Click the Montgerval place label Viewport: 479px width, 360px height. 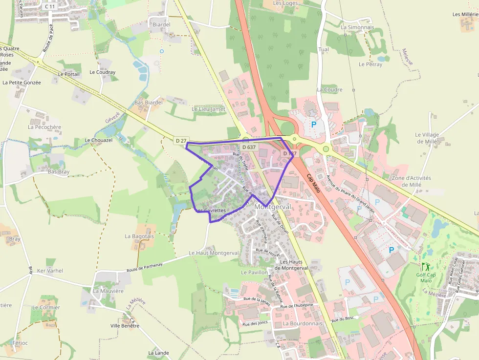pyautogui.click(x=273, y=207)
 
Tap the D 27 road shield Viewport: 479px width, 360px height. pyautogui.click(x=181, y=141)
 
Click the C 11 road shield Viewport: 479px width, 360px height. pyautogui.click(x=50, y=6)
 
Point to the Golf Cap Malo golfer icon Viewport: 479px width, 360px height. pyautogui.click(x=425, y=267)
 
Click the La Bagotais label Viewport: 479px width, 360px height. pyautogui.click(x=139, y=236)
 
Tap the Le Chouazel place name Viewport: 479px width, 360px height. pyautogui.click(x=98, y=140)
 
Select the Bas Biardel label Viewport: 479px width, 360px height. pyautogui.click(x=149, y=103)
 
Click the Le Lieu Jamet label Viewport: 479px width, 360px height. pyautogui.click(x=209, y=109)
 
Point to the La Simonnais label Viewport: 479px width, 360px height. pyautogui.click(x=357, y=27)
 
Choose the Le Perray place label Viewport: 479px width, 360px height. pyautogui.click(x=370, y=64)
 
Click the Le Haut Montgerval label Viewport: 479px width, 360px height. pyautogui.click(x=214, y=253)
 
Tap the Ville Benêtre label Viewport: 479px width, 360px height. pyautogui.click(x=125, y=326)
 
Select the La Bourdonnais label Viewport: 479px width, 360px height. pyautogui.click(x=303, y=323)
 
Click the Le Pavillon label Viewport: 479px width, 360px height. pyautogui.click(x=254, y=272)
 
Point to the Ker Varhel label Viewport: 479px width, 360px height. pyautogui.click(x=50, y=271)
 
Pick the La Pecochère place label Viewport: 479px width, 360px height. pyautogui.click(x=44, y=127)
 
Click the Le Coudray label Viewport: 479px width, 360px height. pyautogui.click(x=103, y=72)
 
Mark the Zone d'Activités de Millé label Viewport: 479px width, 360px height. pyautogui.click(x=411, y=181)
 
